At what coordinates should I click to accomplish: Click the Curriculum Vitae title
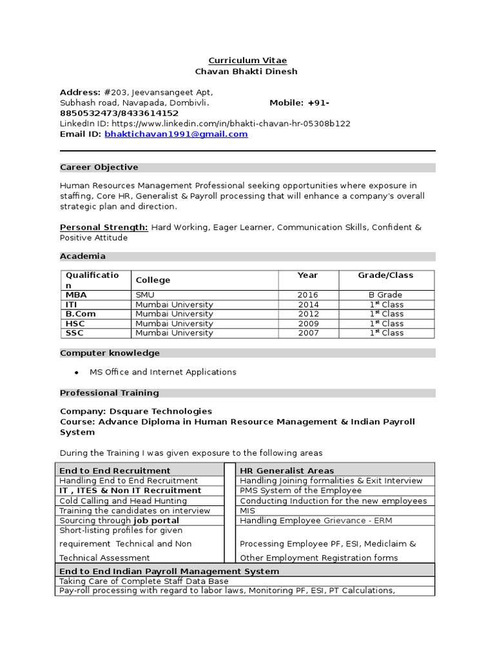[247, 61]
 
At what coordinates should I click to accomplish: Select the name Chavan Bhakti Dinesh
[247, 72]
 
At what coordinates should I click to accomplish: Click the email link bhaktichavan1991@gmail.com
[176, 134]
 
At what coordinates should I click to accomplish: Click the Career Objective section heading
[99, 168]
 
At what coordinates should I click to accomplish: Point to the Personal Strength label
[104, 228]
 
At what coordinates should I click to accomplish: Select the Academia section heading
[82, 257]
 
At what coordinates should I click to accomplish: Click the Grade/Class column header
[385, 275]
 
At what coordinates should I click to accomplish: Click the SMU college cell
[145, 295]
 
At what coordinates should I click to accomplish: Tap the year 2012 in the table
[308, 314]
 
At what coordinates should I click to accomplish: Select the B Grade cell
[385, 295]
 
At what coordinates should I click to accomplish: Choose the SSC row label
[74, 333]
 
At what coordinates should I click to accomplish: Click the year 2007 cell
[308, 333]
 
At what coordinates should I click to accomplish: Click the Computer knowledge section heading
[110, 353]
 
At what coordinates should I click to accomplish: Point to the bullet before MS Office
[77, 373]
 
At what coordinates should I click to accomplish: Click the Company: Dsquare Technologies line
[135, 411]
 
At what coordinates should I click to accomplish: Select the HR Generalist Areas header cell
[287, 471]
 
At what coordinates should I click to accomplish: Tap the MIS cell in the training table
[247, 510]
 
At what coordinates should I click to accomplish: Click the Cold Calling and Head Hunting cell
[123, 501]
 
